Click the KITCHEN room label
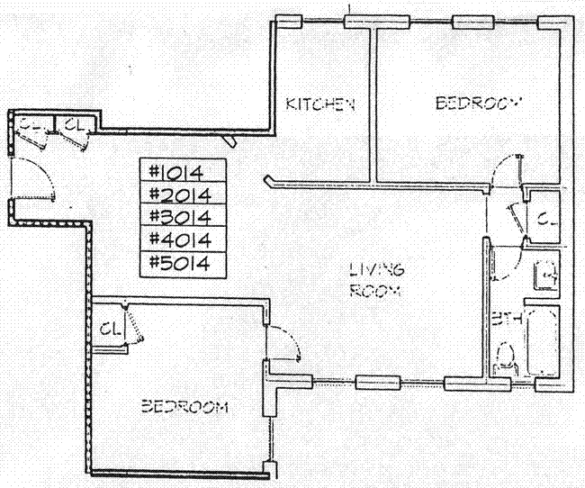[x=321, y=104]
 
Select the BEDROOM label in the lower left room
[x=184, y=406]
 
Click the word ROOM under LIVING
[x=377, y=291]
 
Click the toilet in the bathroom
[x=506, y=357]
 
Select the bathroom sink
[x=544, y=271]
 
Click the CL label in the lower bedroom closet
[x=112, y=328]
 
